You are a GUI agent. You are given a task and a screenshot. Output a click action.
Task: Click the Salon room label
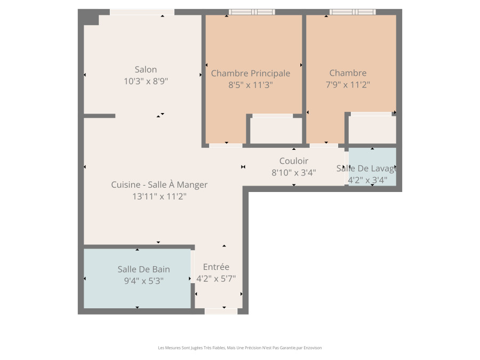pos(146,69)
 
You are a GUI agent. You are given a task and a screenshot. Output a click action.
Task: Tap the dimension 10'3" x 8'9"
pos(146,81)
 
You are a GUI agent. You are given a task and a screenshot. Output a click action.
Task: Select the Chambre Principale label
pos(251,73)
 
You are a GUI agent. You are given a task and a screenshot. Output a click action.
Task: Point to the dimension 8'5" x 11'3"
pos(251,85)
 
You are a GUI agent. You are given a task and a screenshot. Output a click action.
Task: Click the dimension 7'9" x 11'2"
pos(348,84)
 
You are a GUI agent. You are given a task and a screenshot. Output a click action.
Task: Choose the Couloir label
pos(293,161)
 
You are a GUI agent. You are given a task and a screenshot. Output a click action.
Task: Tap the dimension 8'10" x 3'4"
pos(293,173)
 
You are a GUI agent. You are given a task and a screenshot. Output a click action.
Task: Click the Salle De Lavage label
pos(366,169)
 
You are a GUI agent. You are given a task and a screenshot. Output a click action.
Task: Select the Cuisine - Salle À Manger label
pos(159,185)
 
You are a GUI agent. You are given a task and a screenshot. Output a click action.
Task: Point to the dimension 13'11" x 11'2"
pos(159,196)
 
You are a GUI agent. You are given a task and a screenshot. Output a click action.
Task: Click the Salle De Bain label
pos(143,269)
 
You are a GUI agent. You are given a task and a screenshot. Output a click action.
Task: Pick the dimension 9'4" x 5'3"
pos(143,281)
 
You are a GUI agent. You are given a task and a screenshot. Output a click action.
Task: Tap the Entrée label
pos(216,267)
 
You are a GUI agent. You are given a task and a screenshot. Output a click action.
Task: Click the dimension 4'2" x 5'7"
pos(216,278)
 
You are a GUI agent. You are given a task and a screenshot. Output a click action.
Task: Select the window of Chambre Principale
pos(252,12)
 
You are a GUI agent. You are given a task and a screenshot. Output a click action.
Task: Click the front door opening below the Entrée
pos(221,311)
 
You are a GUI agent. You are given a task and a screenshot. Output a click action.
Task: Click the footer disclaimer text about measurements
pos(239,348)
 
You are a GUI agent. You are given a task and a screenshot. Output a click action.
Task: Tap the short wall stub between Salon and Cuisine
pos(100,116)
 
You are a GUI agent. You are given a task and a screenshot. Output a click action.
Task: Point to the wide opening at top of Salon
pos(142,12)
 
